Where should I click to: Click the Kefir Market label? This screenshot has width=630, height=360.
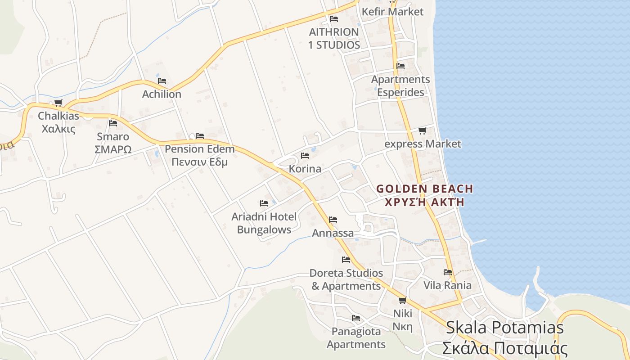coord(393,12)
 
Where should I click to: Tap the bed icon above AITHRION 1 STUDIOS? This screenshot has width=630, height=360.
coord(334,19)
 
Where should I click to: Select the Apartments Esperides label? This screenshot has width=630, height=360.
coord(400,85)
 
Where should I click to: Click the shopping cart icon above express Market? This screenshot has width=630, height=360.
coord(422,131)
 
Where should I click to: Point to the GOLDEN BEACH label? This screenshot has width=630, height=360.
coord(424,189)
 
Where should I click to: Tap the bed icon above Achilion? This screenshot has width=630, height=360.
coord(162,81)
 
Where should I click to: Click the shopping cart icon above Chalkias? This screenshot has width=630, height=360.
coord(58,103)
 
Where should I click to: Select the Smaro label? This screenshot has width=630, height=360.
coord(113,137)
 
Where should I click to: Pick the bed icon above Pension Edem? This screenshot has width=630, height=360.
coord(200,136)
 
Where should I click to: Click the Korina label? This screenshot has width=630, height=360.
coord(305,169)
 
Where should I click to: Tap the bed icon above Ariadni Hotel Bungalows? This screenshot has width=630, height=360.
coord(264,204)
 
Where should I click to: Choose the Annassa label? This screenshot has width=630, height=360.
coord(333,234)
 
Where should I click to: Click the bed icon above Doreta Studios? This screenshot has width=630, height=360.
coord(346,260)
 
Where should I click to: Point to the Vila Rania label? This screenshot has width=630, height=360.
coord(447,285)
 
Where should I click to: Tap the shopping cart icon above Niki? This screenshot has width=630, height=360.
coord(402,300)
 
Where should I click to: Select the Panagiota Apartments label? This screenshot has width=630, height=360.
coord(356,338)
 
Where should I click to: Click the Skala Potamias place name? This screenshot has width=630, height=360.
coord(504,328)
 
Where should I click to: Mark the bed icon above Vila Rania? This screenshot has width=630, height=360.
coord(448,272)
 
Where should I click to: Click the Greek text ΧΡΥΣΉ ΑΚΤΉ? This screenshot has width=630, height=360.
coord(424,202)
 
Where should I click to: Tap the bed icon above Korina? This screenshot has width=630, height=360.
coord(305,156)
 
